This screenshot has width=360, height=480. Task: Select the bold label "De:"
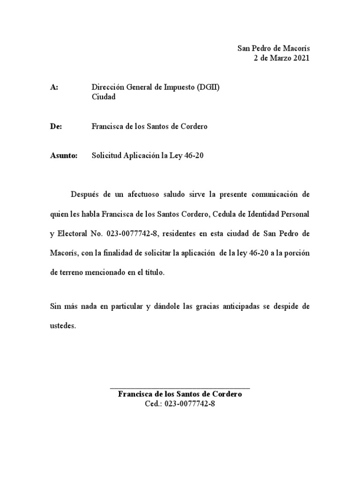coord(55,127)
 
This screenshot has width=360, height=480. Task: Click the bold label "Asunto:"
coord(63,156)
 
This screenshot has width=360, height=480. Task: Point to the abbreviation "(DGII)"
coord(208,88)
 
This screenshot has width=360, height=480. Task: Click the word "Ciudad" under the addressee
coord(103,97)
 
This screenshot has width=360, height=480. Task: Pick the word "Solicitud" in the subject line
coord(106,156)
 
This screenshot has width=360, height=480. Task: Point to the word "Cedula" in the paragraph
coord(225,214)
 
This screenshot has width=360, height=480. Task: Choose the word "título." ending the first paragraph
coord(153,272)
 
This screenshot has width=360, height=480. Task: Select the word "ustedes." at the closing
coord(62,326)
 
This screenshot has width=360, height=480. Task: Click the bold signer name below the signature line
coord(180,394)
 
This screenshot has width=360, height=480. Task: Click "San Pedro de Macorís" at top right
coord(274,49)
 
